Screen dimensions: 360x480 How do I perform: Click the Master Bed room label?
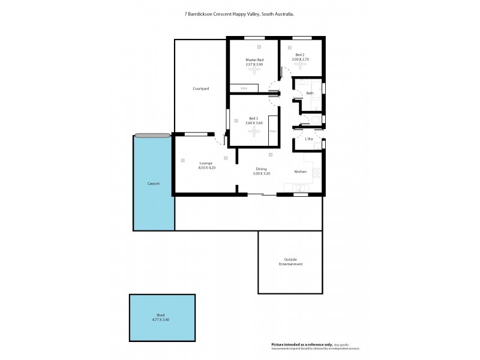[254, 60]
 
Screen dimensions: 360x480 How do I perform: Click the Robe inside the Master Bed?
[244, 89]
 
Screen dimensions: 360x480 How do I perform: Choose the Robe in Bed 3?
[273, 131]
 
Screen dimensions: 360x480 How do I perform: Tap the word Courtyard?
[200, 88]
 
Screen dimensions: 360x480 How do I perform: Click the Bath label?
[310, 93]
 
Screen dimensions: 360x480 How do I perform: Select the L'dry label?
[309, 139]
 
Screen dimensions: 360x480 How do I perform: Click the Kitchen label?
[301, 172]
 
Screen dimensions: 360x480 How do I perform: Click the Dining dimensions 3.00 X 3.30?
[261, 173]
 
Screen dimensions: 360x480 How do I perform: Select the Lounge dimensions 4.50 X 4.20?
[206, 167]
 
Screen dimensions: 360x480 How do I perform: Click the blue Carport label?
[154, 183]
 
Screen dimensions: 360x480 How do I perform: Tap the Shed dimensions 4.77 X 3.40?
[161, 319]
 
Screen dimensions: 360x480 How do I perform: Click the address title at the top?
[239, 14]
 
